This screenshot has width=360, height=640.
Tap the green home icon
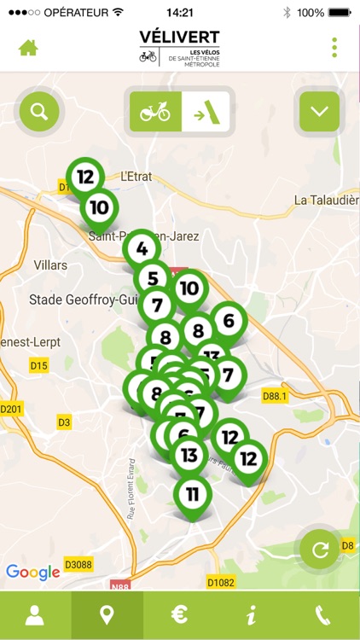(x=28, y=47)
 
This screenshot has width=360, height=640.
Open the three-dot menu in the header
(x=334, y=47)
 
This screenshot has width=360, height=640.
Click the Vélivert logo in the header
(x=179, y=46)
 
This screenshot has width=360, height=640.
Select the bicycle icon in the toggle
(x=155, y=112)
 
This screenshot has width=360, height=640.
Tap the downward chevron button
(x=319, y=111)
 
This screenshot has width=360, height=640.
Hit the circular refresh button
(x=321, y=549)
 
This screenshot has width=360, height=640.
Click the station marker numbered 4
(x=142, y=250)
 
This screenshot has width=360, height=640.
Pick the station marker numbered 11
(x=193, y=493)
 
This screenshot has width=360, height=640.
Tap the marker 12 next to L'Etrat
(x=84, y=177)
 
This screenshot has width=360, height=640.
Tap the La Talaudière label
(x=326, y=200)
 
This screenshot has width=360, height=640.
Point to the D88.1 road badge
(x=276, y=396)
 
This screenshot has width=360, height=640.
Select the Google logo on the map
(x=33, y=572)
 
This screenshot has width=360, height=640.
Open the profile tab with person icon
(x=35, y=615)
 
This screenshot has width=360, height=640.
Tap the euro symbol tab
(x=179, y=615)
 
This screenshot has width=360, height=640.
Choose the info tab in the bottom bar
(x=251, y=615)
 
